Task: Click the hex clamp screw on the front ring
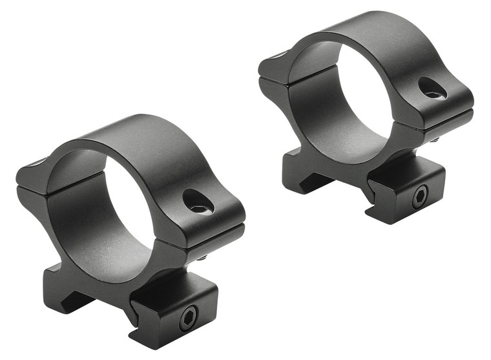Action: tap(188, 316)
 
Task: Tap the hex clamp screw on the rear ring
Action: tap(419, 196)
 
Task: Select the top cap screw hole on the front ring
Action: tap(197, 202)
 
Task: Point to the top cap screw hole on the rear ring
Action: tap(432, 89)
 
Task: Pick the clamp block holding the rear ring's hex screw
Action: tap(407, 194)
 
